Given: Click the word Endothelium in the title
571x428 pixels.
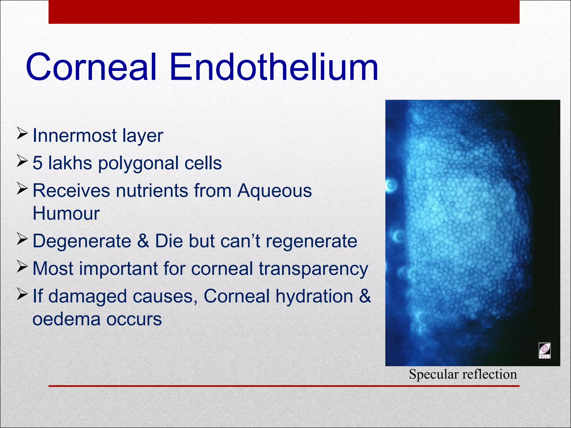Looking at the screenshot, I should (x=274, y=68).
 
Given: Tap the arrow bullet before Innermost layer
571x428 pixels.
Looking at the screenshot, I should (x=22, y=133).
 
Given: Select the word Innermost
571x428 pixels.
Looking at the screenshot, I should (x=74, y=136).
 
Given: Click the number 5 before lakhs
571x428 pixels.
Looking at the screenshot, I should (x=37, y=163).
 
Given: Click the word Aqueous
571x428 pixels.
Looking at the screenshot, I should (x=274, y=191).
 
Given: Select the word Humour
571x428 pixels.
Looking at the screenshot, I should (x=66, y=214).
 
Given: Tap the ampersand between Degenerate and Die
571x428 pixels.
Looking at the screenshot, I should (x=143, y=241).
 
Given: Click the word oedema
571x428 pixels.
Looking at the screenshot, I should (x=66, y=319).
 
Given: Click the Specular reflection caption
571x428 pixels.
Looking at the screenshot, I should (x=463, y=374).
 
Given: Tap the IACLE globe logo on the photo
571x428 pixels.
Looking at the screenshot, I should (x=544, y=350).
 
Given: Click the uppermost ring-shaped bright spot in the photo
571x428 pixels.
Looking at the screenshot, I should (x=391, y=185).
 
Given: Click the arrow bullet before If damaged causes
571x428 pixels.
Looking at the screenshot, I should (x=22, y=294).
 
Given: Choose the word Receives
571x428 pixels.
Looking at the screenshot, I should (x=71, y=191).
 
